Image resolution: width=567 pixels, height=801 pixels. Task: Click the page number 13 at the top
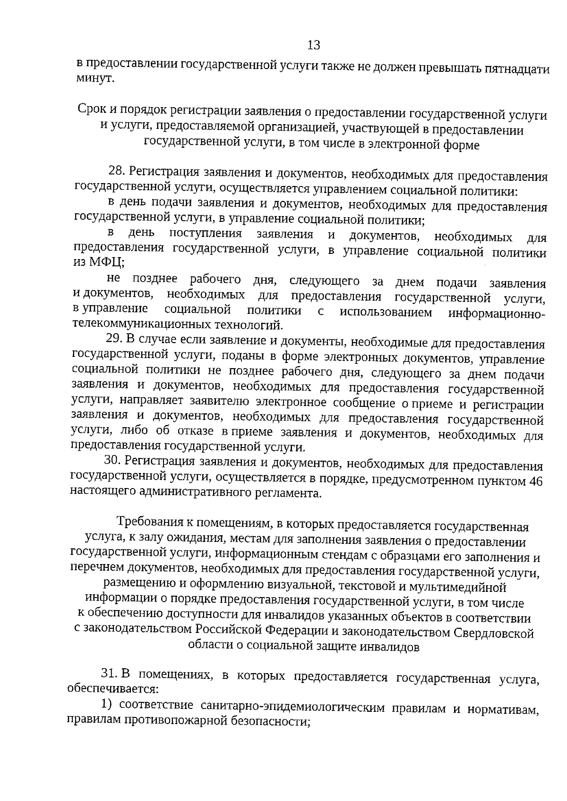[x=314, y=45]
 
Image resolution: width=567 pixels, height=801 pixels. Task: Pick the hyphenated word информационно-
[x=497, y=314]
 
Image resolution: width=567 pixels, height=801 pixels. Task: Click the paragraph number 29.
[x=113, y=339]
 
